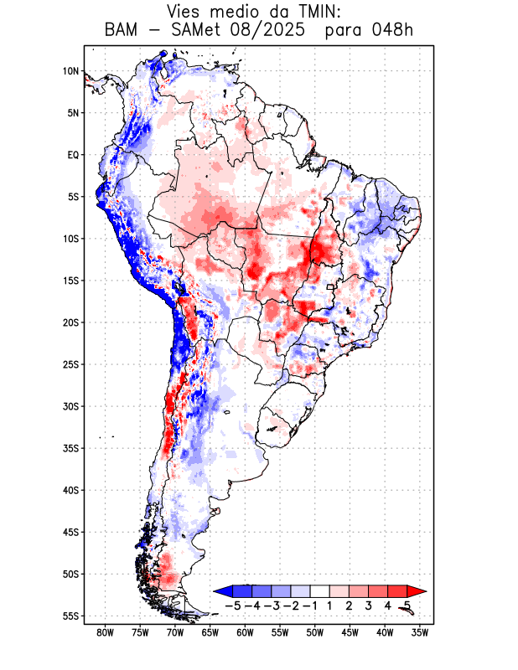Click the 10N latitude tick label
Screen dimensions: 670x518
(x=71, y=71)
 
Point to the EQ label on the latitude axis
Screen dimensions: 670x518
(x=73, y=155)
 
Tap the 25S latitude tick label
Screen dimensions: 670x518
(x=71, y=364)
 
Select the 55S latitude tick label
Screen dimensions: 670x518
(x=71, y=616)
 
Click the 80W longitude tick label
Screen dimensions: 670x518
(x=106, y=632)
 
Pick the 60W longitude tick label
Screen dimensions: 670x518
(x=246, y=632)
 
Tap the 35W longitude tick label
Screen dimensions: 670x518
(x=421, y=632)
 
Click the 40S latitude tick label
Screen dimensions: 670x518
(x=71, y=490)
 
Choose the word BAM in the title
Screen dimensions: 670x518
(x=123, y=31)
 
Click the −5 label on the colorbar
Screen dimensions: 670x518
(x=233, y=605)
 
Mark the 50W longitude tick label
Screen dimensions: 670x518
(x=315, y=632)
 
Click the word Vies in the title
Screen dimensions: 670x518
(x=185, y=12)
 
